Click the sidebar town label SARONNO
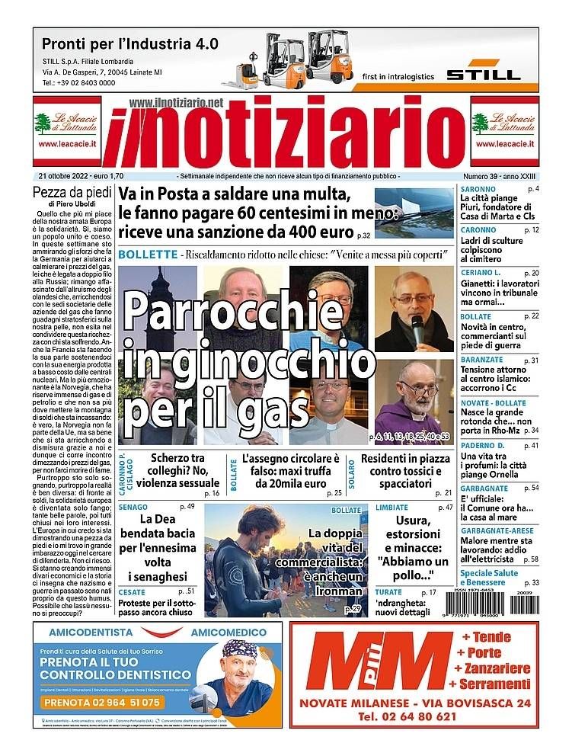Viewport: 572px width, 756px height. pyautogui.click(x=478, y=188)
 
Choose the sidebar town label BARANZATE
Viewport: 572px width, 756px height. pyautogui.click(x=481, y=360)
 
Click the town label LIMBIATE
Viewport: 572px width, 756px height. pyautogui.click(x=392, y=507)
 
